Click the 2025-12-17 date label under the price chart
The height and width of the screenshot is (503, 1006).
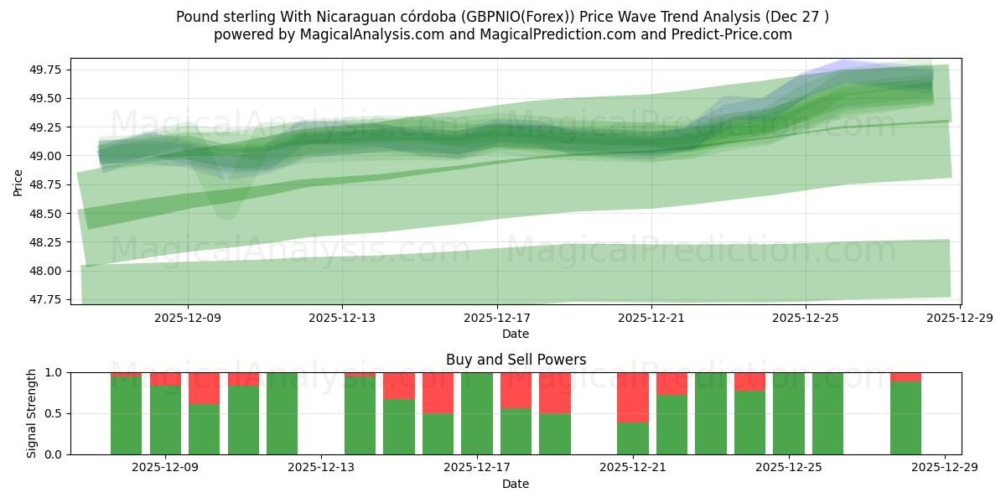pos(497,319)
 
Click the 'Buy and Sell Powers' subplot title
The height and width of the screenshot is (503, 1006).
pos(515,360)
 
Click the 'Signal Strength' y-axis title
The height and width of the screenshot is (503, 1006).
pos(32,413)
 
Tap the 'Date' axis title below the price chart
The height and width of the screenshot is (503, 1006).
pos(515,334)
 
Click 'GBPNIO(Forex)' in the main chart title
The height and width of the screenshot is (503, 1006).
pos(553,17)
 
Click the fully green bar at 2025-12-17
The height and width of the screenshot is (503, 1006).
pos(477,413)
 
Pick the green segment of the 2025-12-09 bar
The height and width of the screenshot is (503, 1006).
pos(165,419)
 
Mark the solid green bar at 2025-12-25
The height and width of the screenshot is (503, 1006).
pos(789,413)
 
